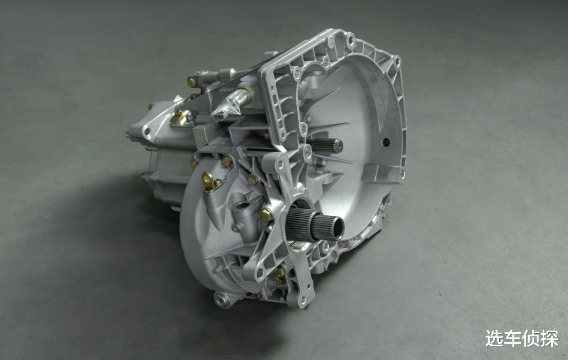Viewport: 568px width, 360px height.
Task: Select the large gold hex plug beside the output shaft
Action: click(266, 216)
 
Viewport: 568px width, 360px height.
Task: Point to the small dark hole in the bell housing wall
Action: click(386, 142)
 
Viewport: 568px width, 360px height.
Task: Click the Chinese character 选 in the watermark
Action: click(495, 338)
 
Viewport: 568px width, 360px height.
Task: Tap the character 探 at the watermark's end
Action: click(549, 338)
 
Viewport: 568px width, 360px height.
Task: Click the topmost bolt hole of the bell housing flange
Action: click(350, 37)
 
